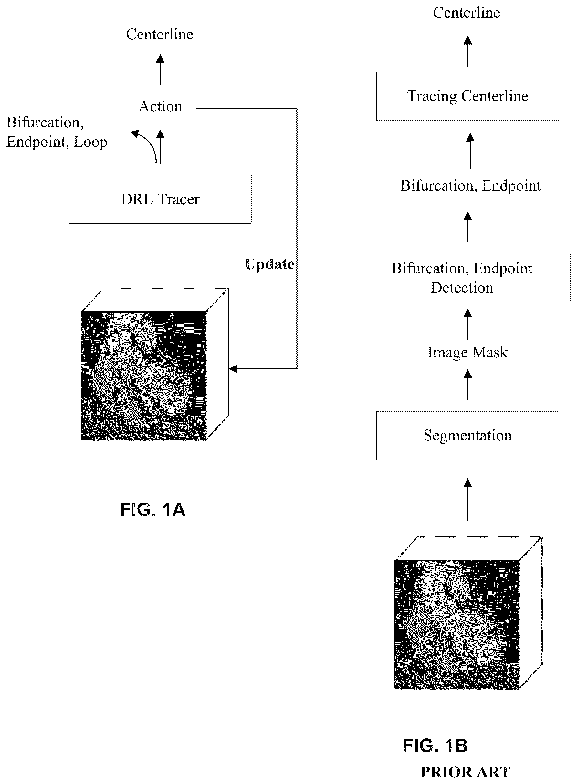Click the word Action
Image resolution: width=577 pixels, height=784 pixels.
160,107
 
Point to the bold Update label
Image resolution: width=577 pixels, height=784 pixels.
270,264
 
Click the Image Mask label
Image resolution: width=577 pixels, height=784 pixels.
467,352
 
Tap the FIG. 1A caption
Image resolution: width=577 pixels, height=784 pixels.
152,509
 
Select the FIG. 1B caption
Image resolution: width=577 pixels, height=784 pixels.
435,746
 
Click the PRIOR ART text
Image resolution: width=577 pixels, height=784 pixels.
465,772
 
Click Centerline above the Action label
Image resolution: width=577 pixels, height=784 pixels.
160,34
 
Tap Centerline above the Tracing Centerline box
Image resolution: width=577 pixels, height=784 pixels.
467,13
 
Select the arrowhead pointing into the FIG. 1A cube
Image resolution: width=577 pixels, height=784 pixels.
233,369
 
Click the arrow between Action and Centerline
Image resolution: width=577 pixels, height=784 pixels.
160,69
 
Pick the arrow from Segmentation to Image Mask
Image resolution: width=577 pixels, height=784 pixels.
468,385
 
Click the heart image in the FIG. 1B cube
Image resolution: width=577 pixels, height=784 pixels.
457,624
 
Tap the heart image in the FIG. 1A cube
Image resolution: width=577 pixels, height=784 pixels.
143,376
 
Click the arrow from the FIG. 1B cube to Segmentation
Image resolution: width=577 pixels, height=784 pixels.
468,500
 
